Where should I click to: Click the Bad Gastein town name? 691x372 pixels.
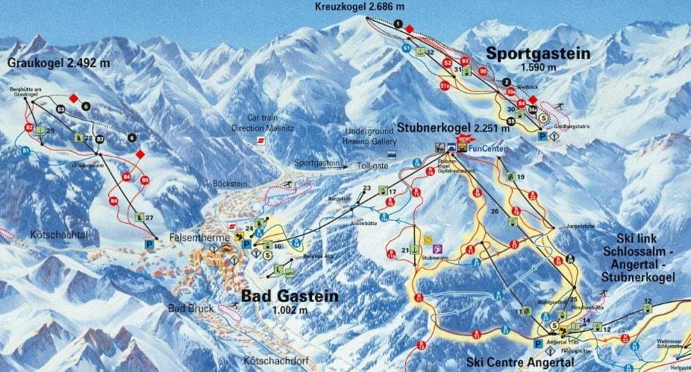pos(290,296)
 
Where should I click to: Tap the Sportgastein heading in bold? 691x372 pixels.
pos(537,53)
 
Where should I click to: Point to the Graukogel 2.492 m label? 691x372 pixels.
pos(59,63)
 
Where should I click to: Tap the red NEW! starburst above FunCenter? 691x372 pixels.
pos(466,139)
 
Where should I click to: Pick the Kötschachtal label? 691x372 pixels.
pos(59,235)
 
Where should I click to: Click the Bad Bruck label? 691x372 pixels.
pos(190,308)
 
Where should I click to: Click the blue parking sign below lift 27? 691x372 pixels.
pos(149,243)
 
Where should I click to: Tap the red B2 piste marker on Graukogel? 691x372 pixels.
pos(29,127)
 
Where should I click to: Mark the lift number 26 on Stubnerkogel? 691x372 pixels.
pos(494,212)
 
